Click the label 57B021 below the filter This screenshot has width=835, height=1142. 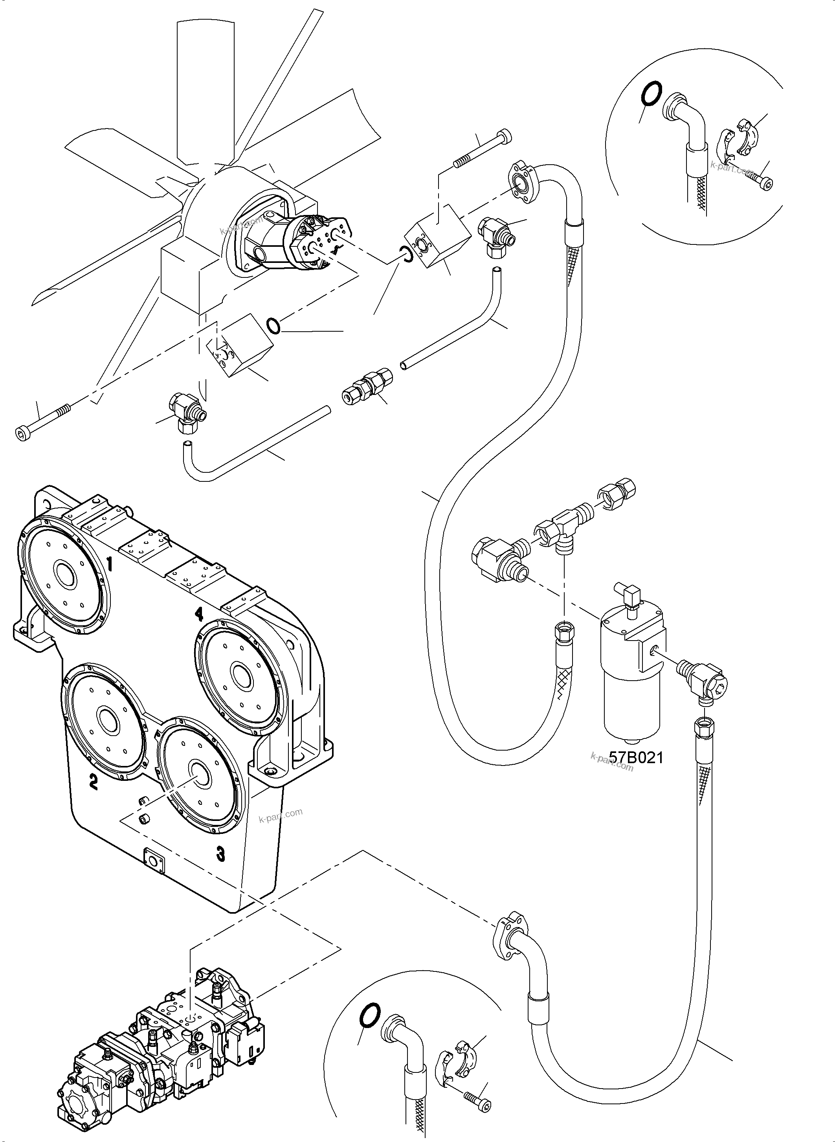tap(635, 757)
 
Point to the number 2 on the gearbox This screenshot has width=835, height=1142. tap(93, 782)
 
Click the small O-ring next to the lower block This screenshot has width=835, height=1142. tap(273, 326)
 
